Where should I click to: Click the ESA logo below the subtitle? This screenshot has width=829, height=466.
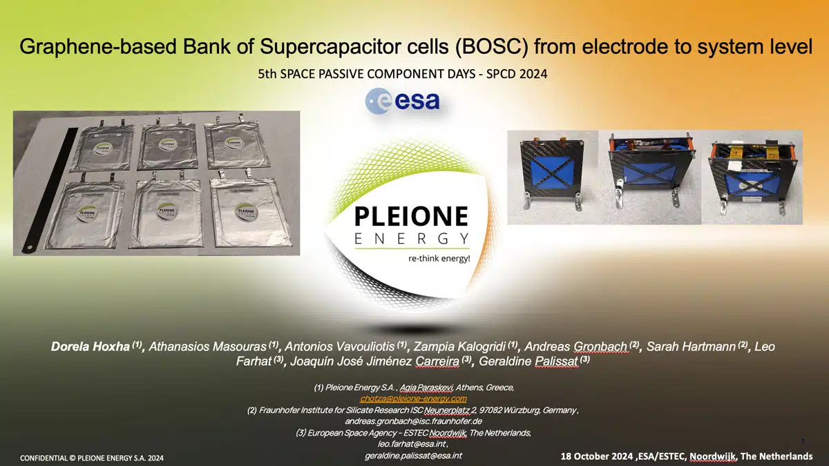coord(402,101)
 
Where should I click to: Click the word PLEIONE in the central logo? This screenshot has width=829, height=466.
coord(412,216)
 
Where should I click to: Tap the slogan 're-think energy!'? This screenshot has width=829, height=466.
coord(439,258)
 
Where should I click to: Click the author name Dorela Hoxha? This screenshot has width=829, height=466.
coord(90,347)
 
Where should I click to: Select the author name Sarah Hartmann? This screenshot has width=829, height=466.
coord(691,347)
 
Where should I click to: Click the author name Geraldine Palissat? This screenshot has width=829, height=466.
coord(528,361)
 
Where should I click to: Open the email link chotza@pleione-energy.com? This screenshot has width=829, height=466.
coord(413,399)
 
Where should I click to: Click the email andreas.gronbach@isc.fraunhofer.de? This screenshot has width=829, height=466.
coord(413,421)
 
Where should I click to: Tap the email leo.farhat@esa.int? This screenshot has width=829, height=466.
coord(412,444)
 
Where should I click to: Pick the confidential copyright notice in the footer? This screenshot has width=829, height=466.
coord(92,458)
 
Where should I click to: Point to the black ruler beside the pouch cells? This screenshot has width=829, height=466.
coord(50,190)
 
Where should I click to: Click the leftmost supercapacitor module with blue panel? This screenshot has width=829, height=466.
coord(551,173)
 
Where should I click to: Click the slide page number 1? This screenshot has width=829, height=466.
coord(803,442)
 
